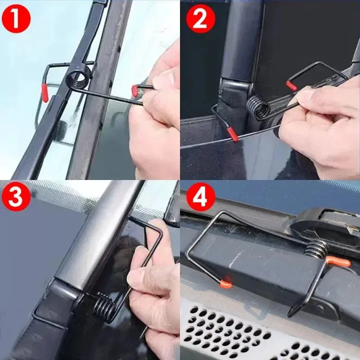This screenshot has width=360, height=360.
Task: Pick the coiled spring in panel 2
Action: (x=258, y=108)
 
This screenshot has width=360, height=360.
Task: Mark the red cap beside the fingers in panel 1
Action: (x=135, y=90)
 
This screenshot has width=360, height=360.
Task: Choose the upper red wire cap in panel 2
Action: (x=291, y=85)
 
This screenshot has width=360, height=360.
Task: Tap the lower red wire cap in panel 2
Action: (x=233, y=134)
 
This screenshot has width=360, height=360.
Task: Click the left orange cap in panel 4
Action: (x=226, y=283)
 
